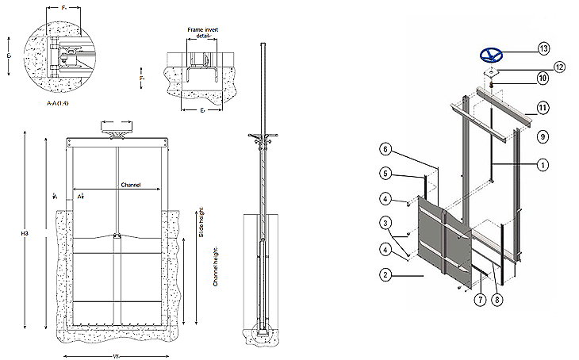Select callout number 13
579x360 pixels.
click(x=543, y=48)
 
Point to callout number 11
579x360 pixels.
click(x=543, y=106)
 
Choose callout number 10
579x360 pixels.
click(x=543, y=78)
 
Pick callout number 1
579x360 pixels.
click(x=543, y=165)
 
